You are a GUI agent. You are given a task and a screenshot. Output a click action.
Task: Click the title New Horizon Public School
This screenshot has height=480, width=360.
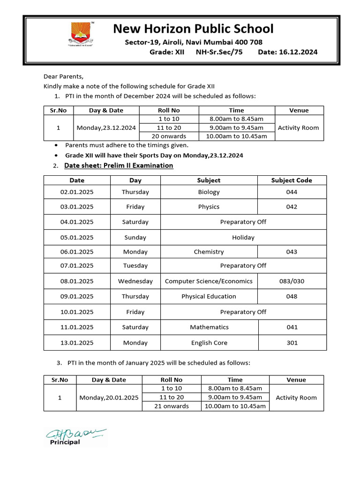coord(193,29)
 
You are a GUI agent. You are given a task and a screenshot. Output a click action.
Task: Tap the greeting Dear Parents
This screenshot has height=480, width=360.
coord(63,76)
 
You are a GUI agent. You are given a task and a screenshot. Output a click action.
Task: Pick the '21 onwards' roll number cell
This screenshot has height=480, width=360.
coord(172,406)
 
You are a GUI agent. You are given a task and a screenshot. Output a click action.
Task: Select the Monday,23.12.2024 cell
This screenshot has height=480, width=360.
coord(106,127)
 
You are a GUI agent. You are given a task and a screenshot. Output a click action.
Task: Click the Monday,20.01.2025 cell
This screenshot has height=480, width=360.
coord(109,397)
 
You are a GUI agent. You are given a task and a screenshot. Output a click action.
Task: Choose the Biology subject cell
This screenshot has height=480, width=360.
coord(209,192)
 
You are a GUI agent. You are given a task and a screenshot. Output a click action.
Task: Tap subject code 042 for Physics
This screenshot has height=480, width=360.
coord(292,207)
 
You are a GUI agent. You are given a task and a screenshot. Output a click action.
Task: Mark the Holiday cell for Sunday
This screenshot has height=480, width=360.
coord(243,237)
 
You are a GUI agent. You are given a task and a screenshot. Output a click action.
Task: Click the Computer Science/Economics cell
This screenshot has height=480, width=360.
coord(209,281)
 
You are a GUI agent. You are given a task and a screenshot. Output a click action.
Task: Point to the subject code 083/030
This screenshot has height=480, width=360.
coord(292,281)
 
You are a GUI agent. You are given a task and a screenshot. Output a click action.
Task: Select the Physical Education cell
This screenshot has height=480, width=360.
coord(209,296)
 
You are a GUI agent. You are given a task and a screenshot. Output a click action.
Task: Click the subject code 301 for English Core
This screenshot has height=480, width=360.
coord(292,343)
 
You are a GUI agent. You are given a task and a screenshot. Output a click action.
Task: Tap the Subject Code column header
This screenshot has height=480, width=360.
coord(292,180)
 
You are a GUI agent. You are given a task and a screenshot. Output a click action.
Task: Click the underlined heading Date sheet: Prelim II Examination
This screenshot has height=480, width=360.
coord(119,165)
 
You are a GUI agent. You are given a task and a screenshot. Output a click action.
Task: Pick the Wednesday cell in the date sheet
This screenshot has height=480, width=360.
coord(135,281)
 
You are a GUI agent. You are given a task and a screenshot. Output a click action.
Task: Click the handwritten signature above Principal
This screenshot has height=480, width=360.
coord(75,434)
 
